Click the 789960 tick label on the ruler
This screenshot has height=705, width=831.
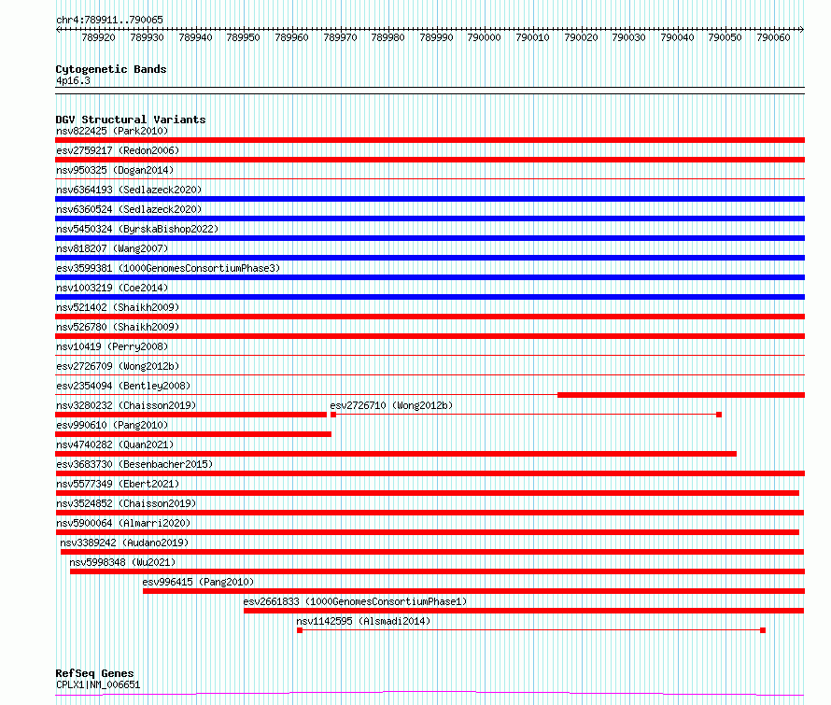[291, 37]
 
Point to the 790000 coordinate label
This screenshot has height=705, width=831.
[484, 37]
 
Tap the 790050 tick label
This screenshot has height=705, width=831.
[725, 37]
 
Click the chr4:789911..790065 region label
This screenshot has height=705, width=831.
[109, 21]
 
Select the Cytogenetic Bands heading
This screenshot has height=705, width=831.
[111, 69]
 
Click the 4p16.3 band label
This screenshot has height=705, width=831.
[73, 81]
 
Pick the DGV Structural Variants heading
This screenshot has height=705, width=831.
[131, 120]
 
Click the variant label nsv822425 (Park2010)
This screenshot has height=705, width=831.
[112, 131]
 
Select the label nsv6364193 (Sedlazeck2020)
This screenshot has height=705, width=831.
[129, 190]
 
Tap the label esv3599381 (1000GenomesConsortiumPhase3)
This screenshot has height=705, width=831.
[168, 268]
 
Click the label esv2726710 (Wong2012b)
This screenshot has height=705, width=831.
[391, 405]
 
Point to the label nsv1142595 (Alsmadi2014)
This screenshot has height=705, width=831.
[363, 621]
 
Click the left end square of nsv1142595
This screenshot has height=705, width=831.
[300, 630]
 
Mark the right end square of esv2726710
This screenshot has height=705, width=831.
[719, 415]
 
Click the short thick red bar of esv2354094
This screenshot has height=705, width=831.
[681, 395]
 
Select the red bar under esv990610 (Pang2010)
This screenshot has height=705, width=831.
[193, 434]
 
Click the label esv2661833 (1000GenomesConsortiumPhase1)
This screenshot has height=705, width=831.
[355, 601]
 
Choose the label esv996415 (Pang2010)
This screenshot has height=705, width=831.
[198, 582]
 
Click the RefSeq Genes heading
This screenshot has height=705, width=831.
[94, 674]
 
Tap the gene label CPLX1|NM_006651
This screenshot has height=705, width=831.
[98, 684]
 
